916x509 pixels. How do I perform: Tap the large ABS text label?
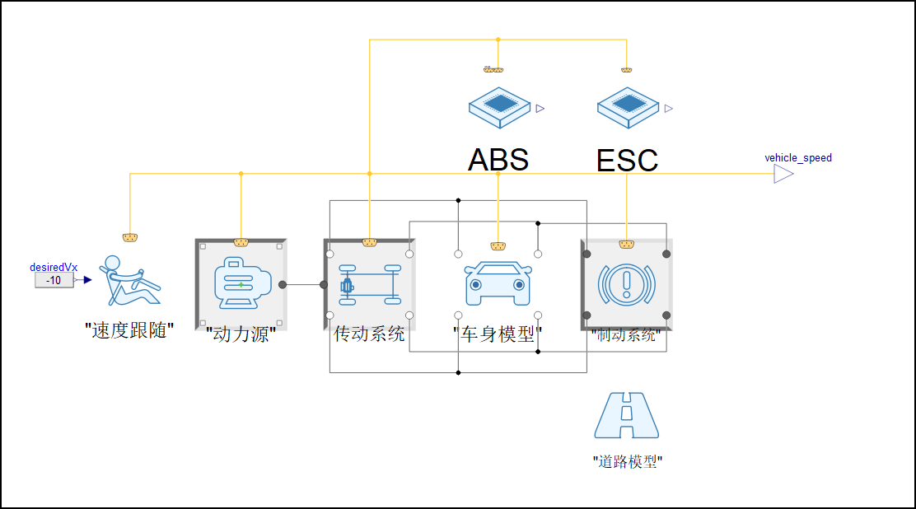498,160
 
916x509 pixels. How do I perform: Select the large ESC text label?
627,160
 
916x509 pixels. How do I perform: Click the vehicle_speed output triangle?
783,174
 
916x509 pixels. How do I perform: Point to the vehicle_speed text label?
798,157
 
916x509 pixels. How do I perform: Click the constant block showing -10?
54,280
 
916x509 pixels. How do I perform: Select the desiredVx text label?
54,267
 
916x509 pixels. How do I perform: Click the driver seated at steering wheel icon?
129,282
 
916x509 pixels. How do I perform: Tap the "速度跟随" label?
129,331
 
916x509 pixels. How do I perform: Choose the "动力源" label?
240,335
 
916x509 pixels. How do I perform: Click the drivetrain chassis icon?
369,284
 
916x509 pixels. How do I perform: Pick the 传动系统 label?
369,334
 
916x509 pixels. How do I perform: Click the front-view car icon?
498,284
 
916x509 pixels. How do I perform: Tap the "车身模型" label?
498,334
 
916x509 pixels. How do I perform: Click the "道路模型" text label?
627,461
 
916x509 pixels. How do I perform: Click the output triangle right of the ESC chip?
668,108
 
